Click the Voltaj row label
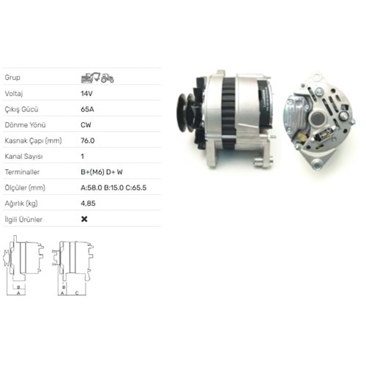(14, 94)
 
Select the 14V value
(86, 94)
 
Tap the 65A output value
(87, 109)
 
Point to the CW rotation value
(86, 125)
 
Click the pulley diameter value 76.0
(88, 141)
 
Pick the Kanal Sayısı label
(23, 157)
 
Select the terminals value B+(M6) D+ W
(102, 172)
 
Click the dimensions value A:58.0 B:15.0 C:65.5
(113, 187)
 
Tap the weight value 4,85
(88, 203)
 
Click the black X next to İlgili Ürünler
(84, 219)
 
